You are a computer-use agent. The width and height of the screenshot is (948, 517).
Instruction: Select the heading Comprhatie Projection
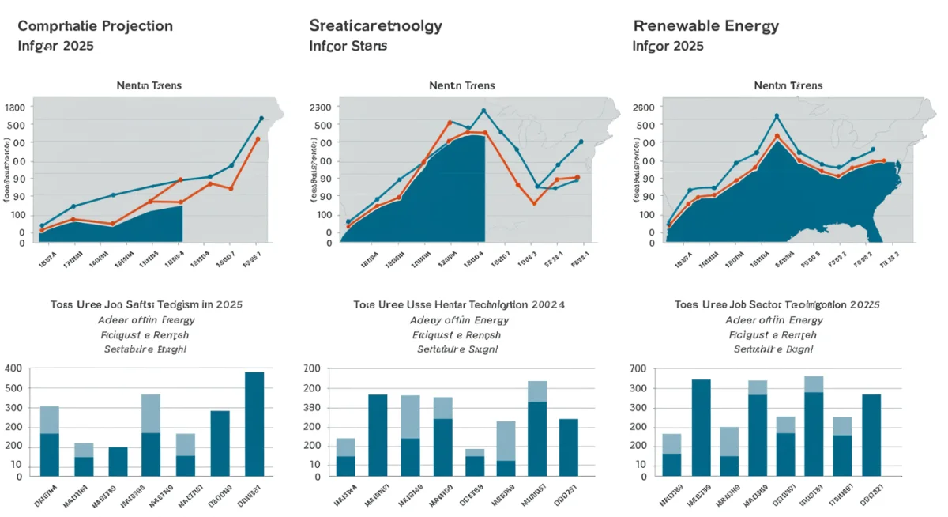pyautogui.click(x=95, y=26)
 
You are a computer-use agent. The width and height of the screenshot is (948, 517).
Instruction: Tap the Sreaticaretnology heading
pyautogui.click(x=375, y=26)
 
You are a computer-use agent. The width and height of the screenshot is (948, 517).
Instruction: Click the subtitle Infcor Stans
pyautogui.click(x=348, y=46)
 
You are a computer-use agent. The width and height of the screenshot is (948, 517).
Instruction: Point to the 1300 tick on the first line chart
pyautogui.click(x=16, y=108)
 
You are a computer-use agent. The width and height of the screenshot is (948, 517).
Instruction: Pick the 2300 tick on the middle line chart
pyautogui.click(x=321, y=108)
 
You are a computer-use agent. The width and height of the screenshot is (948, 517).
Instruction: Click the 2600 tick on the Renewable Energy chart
pyautogui.click(x=645, y=108)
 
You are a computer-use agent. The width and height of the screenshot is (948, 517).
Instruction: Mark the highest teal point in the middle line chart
pyautogui.click(x=483, y=111)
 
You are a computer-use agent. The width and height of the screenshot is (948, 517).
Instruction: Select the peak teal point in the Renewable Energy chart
pyautogui.click(x=777, y=116)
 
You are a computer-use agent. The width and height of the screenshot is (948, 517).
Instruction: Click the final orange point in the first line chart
pyautogui.click(x=258, y=139)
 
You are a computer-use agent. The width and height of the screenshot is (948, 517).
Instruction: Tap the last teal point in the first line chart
pyautogui.click(x=261, y=119)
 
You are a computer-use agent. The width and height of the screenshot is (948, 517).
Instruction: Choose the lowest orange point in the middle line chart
pyautogui.click(x=534, y=203)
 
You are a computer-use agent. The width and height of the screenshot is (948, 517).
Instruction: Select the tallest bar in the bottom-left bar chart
pyautogui.click(x=254, y=424)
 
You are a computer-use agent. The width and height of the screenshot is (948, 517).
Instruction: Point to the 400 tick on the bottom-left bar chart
pyautogui.click(x=16, y=368)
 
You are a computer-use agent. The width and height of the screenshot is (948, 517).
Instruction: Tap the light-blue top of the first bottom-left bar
pyautogui.click(x=50, y=420)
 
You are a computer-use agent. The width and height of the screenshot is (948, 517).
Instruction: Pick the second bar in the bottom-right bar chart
pyautogui.click(x=701, y=428)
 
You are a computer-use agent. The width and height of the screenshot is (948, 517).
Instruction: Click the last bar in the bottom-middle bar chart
pyautogui.click(x=569, y=447)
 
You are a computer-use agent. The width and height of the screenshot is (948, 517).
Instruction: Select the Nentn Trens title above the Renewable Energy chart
pyautogui.click(x=788, y=85)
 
